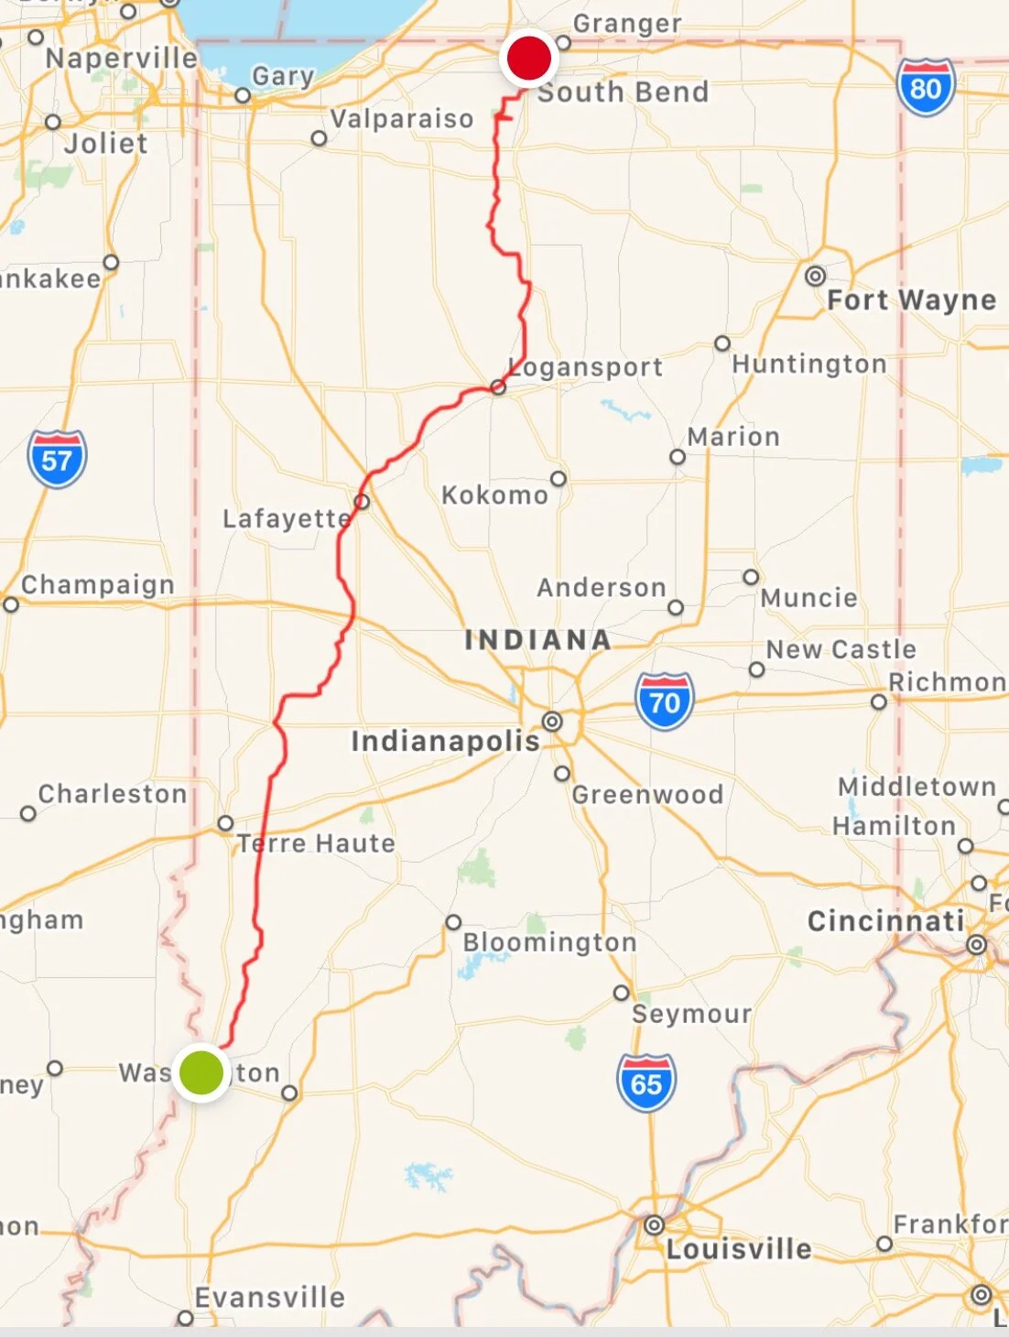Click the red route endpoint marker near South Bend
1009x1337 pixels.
coord(528,59)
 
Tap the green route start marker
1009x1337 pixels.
coord(201,1071)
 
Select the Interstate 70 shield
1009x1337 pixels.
coord(665,701)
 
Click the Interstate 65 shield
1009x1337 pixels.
coord(646,1083)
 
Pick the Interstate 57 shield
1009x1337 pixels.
coord(57,459)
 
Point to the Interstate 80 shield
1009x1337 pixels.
coord(926,88)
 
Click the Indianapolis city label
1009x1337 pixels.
coord(446,741)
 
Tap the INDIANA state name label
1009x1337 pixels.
coord(537,640)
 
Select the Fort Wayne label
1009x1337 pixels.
coord(911,299)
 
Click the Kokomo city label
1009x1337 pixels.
coord(494,495)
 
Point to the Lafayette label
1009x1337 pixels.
coord(287,519)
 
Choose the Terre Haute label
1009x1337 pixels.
coord(317,843)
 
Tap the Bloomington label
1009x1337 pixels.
coord(549,942)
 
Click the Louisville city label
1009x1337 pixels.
coord(739,1249)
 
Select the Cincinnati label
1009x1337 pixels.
coord(885,921)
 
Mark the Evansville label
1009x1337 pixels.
coord(270,1298)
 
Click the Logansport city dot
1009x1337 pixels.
coord(498,387)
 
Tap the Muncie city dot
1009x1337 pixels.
coord(751,577)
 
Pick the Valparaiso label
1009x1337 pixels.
coord(402,119)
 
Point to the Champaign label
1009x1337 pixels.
coord(98,585)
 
